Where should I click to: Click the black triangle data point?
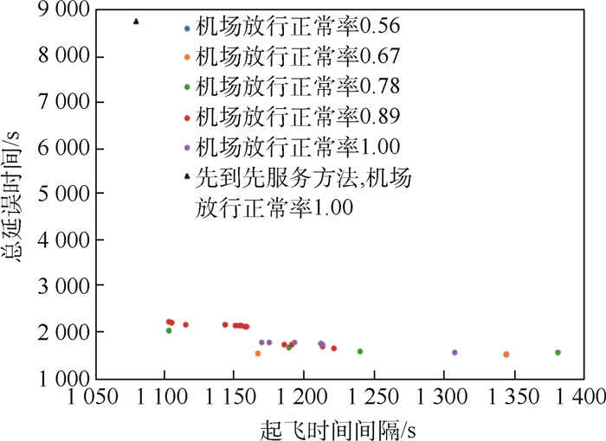pos(136,22)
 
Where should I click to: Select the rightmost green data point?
pos(558,353)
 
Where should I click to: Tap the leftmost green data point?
pos(169,330)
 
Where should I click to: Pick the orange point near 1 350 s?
pos(506,355)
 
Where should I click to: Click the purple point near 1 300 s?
pos(455,353)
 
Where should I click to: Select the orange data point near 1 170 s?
pos(257,354)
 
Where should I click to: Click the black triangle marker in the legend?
pos(187,177)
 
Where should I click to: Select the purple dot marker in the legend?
pos(187,144)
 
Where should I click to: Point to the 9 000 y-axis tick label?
pos(60,11)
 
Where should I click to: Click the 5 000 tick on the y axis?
pos(60,194)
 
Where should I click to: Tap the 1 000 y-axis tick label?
pos(60,378)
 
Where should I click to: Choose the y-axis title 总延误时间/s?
pos(16,194)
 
